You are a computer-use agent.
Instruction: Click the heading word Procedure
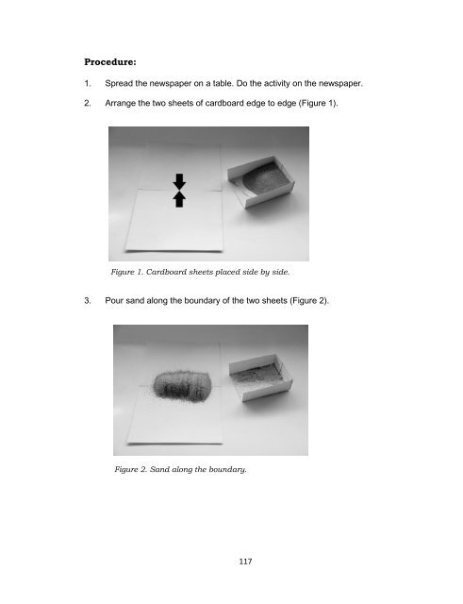pos(110,62)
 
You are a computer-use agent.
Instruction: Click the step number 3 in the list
pos(88,300)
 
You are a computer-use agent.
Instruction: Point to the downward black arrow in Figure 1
pos(179,181)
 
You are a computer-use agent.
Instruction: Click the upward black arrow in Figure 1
pos(179,199)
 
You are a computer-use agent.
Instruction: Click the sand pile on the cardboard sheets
pos(182,386)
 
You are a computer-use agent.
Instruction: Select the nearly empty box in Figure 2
pos(260,378)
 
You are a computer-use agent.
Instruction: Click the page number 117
pos(245,562)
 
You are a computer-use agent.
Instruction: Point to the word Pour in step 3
pos(114,300)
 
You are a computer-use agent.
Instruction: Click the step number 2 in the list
pos(88,103)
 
